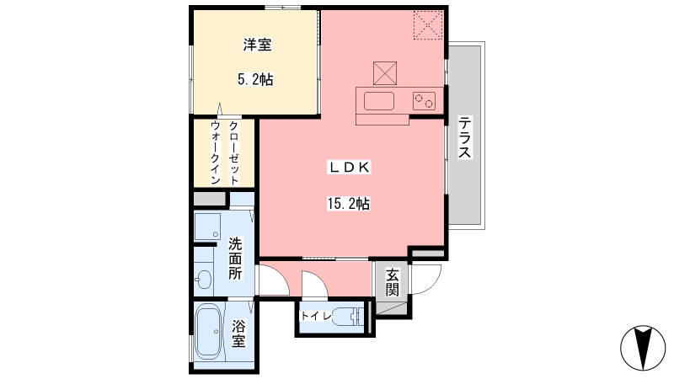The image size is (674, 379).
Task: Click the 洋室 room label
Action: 257,45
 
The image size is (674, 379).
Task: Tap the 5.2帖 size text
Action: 255,79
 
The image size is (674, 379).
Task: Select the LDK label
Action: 349,168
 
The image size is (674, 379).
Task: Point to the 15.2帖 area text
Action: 348,203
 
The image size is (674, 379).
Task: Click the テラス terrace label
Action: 464,137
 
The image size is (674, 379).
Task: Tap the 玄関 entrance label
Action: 392,282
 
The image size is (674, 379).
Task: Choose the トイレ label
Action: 316,317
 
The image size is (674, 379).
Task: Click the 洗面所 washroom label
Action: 235,259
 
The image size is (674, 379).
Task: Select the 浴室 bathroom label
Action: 238,333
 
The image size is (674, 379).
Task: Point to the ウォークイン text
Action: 216,153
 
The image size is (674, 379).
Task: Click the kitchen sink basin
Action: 378,101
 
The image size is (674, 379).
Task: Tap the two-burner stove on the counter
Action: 424,101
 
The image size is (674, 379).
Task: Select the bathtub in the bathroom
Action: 208,331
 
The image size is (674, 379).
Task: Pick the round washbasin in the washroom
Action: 203,280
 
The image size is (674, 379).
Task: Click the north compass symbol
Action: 643,348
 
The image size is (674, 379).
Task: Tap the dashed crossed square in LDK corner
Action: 428,25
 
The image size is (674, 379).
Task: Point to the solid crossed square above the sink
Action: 385,73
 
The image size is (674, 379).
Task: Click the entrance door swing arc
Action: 431,285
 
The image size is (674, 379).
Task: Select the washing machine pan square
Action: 207,227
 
